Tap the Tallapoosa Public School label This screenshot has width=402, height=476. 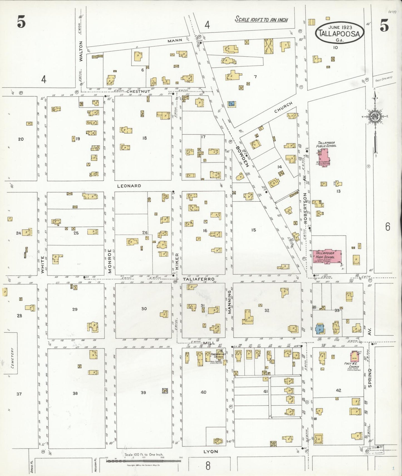tap(326, 144)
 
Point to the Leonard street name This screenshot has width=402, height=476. tap(129, 186)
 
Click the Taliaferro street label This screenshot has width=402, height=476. tap(198, 279)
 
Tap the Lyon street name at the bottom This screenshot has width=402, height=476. tap(211, 452)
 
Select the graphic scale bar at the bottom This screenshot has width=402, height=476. tap(144, 461)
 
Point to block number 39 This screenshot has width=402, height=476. tap(143, 392)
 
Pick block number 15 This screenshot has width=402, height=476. tap(253, 230)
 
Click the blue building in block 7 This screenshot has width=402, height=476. tap(231, 104)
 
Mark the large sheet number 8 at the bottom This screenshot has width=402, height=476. tap(208, 466)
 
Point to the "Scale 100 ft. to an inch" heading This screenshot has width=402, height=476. tap(261, 19)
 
